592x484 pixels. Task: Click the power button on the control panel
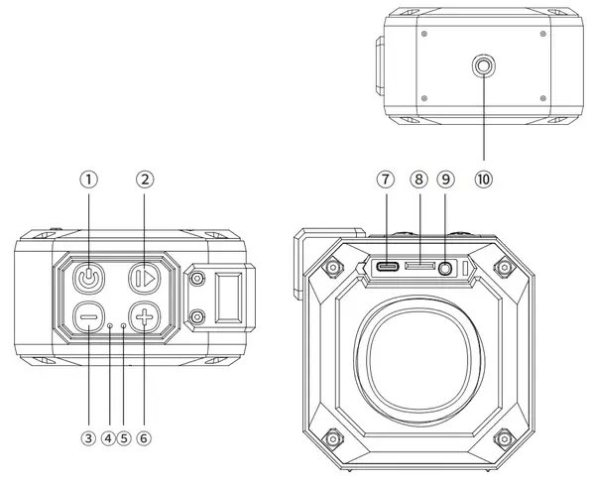(88, 279)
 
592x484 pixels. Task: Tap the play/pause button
(145, 279)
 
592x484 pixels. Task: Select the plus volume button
(145, 317)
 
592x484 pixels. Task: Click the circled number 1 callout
(88, 180)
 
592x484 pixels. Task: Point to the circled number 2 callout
(145, 180)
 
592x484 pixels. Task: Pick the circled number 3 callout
(88, 438)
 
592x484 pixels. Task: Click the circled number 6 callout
(144, 438)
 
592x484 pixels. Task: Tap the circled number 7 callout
(386, 180)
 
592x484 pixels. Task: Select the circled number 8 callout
(418, 180)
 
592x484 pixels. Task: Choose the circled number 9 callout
(446, 180)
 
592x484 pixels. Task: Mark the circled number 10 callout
(484, 180)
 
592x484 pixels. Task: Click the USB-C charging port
(387, 267)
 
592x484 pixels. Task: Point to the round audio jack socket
(446, 269)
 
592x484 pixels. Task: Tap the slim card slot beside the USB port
(419, 266)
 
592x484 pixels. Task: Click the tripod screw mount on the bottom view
(484, 66)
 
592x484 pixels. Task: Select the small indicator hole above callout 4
(109, 325)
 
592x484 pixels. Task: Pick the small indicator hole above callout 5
(124, 325)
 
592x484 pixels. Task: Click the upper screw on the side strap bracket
(196, 279)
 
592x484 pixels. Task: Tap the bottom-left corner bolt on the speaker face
(332, 439)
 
